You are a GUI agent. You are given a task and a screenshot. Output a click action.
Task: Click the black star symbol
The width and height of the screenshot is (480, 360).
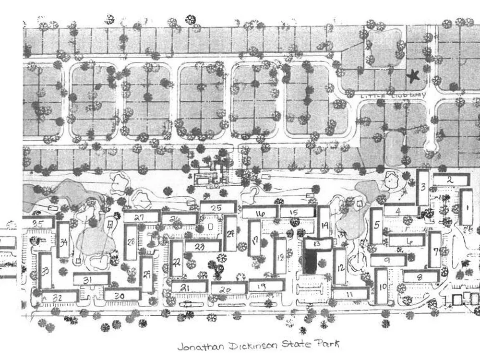[x=412, y=75]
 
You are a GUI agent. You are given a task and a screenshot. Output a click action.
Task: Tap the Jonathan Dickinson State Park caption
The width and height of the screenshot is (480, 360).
[x=258, y=345]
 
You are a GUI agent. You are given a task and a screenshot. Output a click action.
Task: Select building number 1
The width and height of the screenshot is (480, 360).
[x=465, y=207]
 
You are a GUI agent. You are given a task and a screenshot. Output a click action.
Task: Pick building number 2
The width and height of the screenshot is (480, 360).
[x=450, y=180]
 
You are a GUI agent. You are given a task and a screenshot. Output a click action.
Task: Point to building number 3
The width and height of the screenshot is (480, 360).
[x=422, y=187]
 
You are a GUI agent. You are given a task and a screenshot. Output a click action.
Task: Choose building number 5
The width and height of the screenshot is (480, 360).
[x=377, y=225]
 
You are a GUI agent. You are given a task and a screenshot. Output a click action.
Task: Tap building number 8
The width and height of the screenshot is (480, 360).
[x=421, y=276]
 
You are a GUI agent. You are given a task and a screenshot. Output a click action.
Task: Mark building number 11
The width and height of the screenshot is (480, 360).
[x=350, y=292]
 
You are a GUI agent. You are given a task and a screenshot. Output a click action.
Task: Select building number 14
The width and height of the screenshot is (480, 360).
[x=324, y=225]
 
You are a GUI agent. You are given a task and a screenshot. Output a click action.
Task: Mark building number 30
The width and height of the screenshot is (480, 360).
[x=122, y=296]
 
